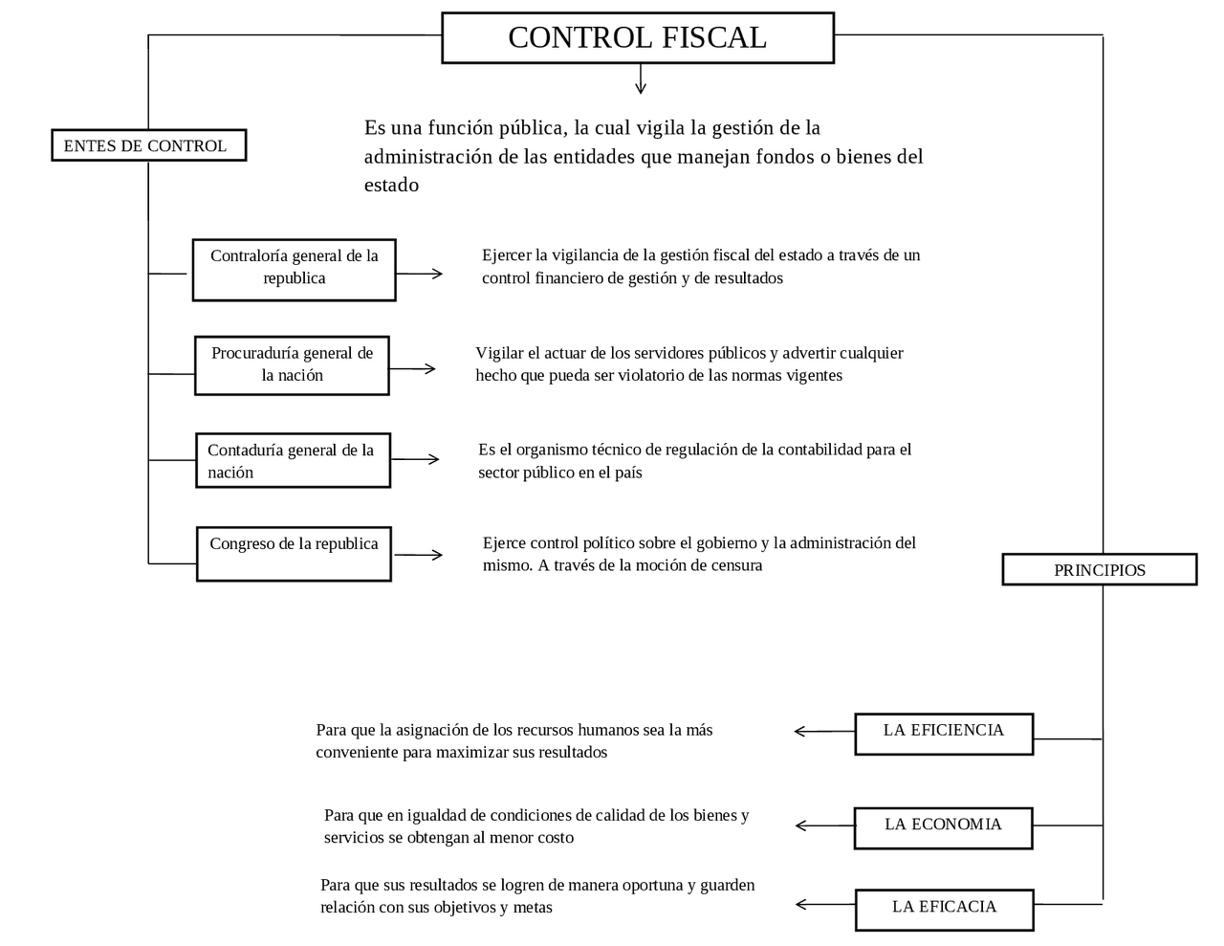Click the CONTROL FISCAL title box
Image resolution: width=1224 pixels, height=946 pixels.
tap(637, 38)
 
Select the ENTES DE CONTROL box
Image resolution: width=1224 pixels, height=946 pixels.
tap(148, 145)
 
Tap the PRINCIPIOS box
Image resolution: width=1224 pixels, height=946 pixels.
tap(1099, 569)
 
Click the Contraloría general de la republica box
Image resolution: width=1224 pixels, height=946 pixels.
tap(294, 270)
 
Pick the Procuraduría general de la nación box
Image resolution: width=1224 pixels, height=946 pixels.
tap(292, 365)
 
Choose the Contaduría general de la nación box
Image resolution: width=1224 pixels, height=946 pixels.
tap(293, 460)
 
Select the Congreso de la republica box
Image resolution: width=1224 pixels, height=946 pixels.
tap(294, 553)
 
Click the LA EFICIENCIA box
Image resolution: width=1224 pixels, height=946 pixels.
tap(943, 734)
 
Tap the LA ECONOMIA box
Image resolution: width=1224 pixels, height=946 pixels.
tap(943, 827)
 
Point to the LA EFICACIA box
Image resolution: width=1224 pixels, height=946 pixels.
tap(944, 909)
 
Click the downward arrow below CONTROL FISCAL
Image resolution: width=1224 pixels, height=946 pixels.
tap(641, 79)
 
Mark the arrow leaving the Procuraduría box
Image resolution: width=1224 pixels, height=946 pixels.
tap(412, 368)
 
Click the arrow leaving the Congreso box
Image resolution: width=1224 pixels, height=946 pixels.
tap(418, 555)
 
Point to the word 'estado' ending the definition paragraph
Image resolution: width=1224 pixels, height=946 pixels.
tap(391, 186)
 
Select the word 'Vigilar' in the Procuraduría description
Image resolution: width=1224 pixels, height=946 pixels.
tap(499, 353)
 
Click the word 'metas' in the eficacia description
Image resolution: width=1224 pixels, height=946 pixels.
tap(533, 908)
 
